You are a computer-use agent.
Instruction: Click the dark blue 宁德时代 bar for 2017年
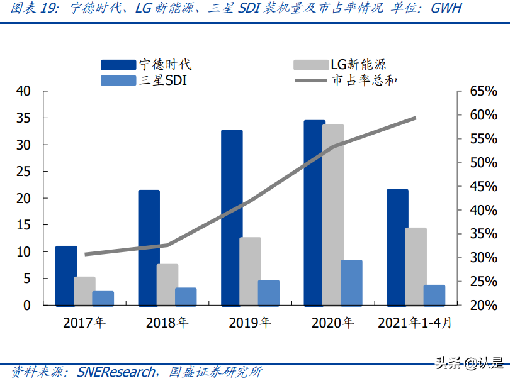[66, 275]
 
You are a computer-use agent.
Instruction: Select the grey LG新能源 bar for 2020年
[333, 215]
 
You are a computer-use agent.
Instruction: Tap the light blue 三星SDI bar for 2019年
[269, 292]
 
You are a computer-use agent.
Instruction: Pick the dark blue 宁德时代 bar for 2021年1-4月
[397, 247]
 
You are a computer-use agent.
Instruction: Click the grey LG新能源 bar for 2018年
[167, 285]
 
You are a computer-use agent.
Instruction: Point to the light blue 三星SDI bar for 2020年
[351, 282]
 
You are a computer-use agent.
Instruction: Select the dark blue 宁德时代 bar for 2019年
[232, 218]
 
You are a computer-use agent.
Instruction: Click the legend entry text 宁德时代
[165, 64]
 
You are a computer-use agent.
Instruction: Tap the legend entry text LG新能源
[358, 64]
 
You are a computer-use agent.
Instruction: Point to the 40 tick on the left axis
[23, 91]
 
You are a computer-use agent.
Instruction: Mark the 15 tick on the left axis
[23, 225]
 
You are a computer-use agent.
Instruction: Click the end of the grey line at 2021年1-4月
[416, 118]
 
